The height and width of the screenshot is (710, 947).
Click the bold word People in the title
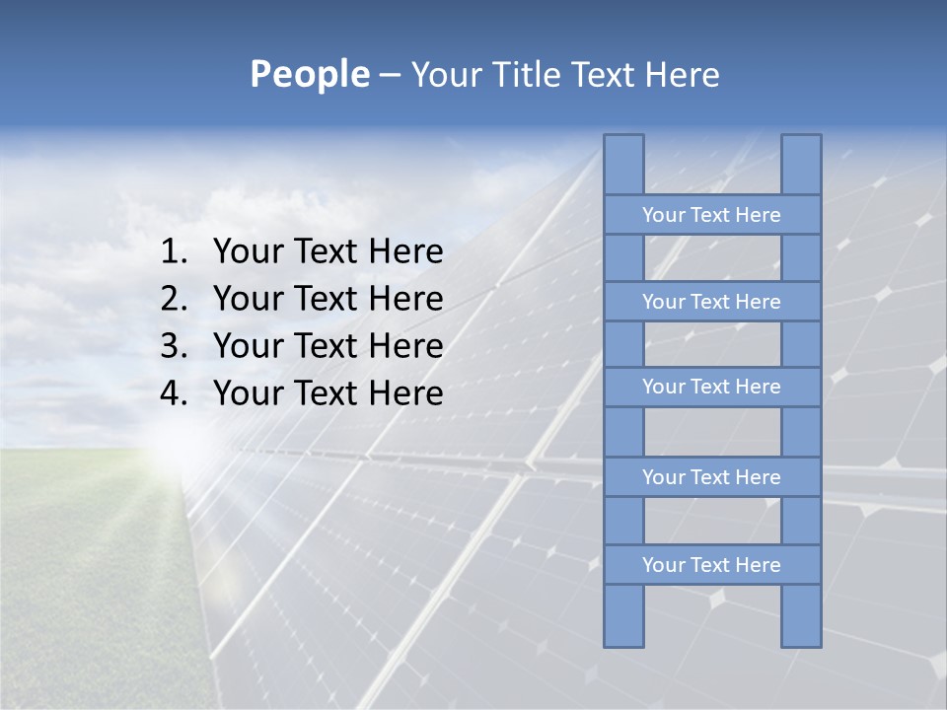tap(309, 74)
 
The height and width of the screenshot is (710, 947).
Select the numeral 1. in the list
tap(174, 252)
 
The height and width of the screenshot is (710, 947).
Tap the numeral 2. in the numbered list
tap(174, 299)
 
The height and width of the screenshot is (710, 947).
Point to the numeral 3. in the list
tap(174, 346)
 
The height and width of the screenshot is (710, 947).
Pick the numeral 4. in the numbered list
tap(174, 393)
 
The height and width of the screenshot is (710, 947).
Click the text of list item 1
tap(328, 252)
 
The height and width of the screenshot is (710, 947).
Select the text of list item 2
tap(328, 299)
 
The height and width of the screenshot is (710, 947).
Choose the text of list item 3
tap(328, 346)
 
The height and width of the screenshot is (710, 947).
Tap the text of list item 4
tap(328, 393)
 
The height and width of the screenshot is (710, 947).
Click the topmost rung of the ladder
tap(711, 215)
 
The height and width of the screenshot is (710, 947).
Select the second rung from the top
tap(711, 302)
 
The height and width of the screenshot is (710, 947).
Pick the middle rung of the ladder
tap(711, 388)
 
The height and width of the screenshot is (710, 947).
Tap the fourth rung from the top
tap(711, 477)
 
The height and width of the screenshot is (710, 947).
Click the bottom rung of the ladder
tap(711, 565)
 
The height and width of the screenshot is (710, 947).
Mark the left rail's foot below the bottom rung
tap(623, 616)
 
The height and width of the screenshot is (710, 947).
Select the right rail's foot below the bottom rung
tap(801, 616)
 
